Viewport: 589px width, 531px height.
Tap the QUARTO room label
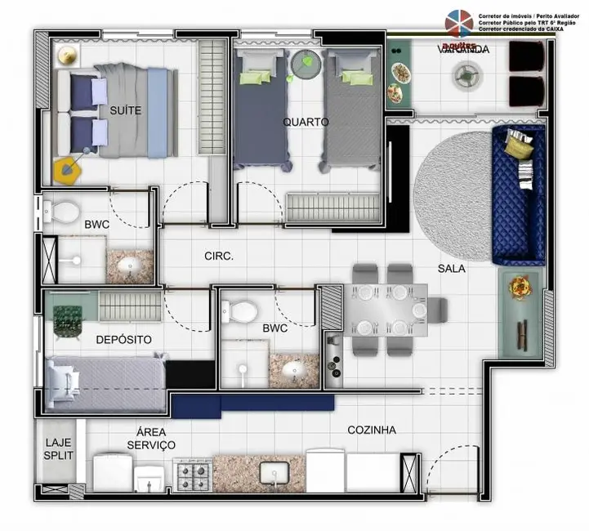[x=306, y=122]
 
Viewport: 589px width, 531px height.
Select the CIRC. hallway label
[x=219, y=256]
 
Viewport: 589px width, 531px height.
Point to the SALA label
[x=452, y=267]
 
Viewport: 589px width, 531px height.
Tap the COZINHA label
[x=372, y=430]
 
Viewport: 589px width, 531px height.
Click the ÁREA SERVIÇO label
[x=151, y=438]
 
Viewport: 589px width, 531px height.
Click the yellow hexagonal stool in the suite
[x=68, y=170]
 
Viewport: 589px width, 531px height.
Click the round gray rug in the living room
[x=453, y=197]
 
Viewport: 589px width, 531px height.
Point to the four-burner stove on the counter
[x=193, y=474]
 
